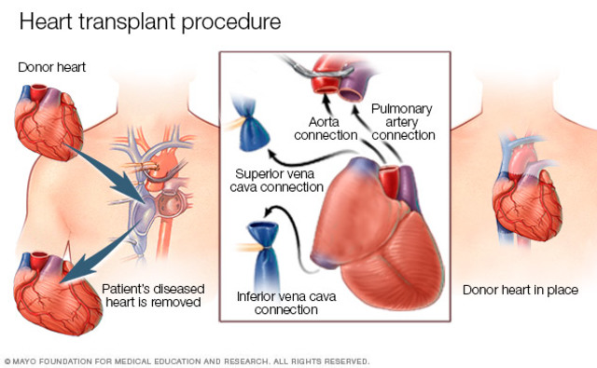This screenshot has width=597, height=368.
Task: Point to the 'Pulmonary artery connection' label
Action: [x=403, y=121]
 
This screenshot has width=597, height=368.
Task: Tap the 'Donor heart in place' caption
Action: [x=520, y=290]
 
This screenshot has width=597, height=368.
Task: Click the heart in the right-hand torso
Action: [x=526, y=205]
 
